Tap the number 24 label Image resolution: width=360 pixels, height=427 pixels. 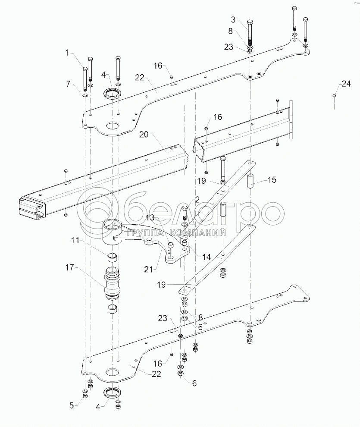pyautogui.click(x=346, y=85)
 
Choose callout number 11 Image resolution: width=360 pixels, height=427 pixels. pyautogui.click(x=75, y=240)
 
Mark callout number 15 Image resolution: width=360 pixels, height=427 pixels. pyautogui.click(x=261, y=179)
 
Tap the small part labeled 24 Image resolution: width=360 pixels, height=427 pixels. pyautogui.click(x=334, y=96)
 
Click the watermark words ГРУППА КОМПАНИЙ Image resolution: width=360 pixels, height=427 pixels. pyautogui.click(x=175, y=233)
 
